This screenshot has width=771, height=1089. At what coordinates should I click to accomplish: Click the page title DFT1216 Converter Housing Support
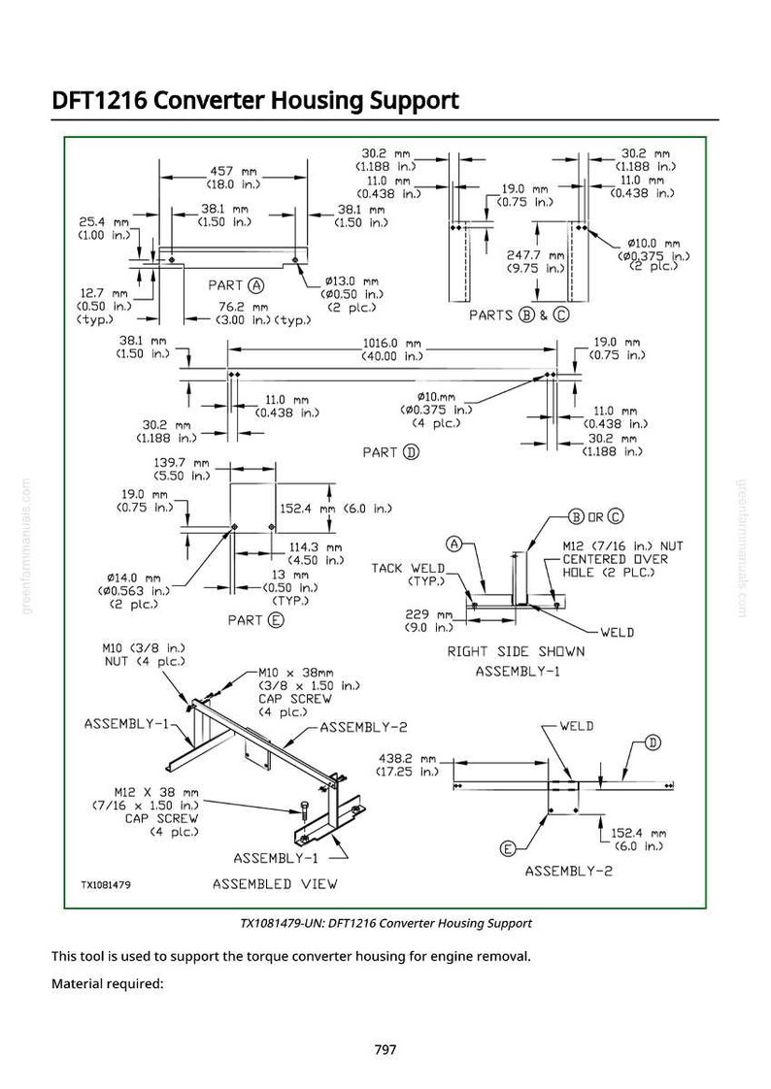point(255,101)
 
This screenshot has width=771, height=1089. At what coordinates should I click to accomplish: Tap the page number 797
point(385,1049)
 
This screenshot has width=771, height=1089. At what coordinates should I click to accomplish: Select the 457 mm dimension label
point(233,171)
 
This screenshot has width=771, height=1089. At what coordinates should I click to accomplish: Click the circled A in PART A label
point(257,285)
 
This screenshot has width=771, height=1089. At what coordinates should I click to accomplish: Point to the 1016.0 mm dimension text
point(392,343)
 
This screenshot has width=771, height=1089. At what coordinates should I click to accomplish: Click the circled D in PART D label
point(412,453)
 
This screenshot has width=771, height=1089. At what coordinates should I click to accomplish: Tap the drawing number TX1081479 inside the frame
point(106,885)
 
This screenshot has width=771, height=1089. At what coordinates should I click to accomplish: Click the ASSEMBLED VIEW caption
point(275,884)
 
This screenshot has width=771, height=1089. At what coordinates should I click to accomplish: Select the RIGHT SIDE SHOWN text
point(516,651)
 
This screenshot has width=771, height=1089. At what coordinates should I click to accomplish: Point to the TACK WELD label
point(408,568)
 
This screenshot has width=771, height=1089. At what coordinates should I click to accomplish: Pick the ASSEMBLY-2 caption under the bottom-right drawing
point(569,871)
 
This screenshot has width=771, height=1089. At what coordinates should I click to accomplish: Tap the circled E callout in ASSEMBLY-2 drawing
point(509,848)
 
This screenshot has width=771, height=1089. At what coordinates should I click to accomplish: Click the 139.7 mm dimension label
point(182,463)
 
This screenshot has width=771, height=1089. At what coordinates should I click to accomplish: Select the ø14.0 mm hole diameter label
point(134,577)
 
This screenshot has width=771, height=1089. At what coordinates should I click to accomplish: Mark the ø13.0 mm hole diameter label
point(352,281)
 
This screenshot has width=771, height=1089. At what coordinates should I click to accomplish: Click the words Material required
point(108,984)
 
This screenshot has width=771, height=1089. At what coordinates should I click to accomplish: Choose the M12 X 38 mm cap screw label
point(157,792)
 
